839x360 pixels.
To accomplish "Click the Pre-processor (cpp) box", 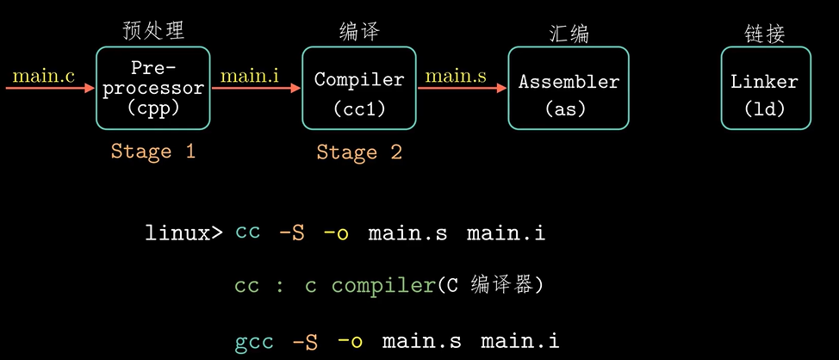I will click(153, 88).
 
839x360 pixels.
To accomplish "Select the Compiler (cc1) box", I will click(359, 88).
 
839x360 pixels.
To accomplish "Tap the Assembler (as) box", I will click(569, 88).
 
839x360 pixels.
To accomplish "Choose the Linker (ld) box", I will click(765, 88).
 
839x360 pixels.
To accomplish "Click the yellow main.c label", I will click(43, 76).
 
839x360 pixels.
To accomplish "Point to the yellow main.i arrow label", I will click(250, 76).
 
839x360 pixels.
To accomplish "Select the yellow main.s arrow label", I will click(457, 76).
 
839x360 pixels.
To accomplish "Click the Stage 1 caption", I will click(153, 152).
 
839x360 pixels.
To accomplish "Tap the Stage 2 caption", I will click(359, 152).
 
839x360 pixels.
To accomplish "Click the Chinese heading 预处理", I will click(153, 31).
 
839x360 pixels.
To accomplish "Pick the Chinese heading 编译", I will click(359, 32).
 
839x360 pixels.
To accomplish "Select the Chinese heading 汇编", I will click(569, 33).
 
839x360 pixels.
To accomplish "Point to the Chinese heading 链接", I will click(765, 33).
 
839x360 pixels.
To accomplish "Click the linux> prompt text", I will click(183, 233).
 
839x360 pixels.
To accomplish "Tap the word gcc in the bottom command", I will click(254, 342).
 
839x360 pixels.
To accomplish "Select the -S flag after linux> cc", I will click(291, 233).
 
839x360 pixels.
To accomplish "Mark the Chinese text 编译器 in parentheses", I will click(508, 286).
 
